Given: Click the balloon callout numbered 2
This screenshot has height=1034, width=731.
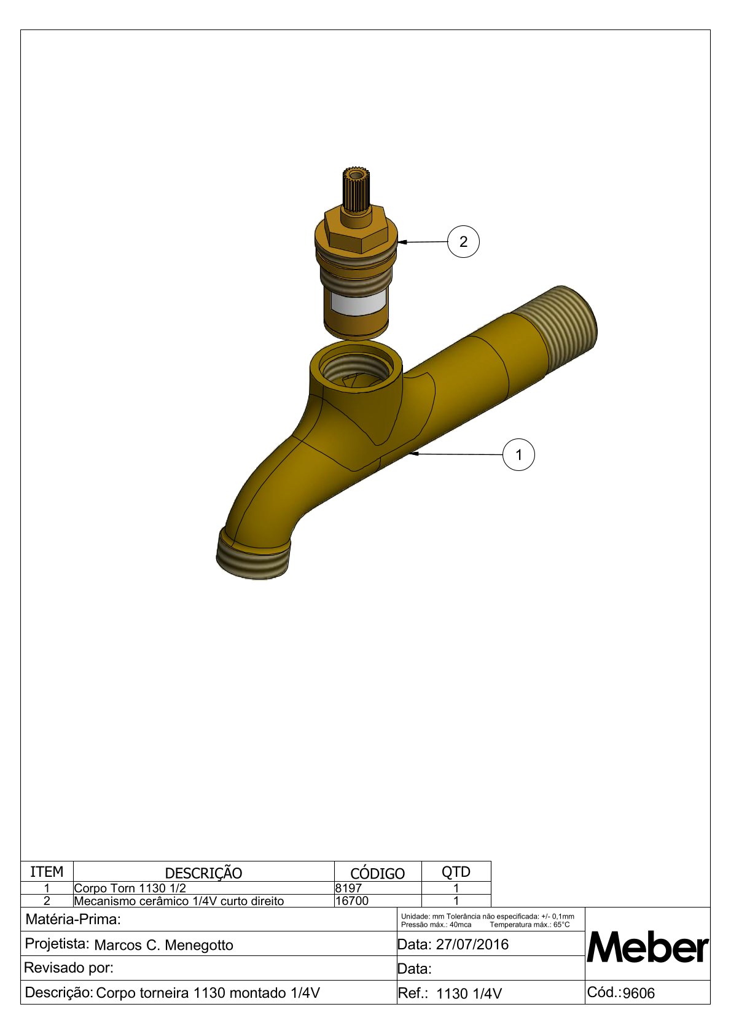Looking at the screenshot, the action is coord(463,241).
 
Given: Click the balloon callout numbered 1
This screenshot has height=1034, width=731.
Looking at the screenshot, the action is coord(518,455).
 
